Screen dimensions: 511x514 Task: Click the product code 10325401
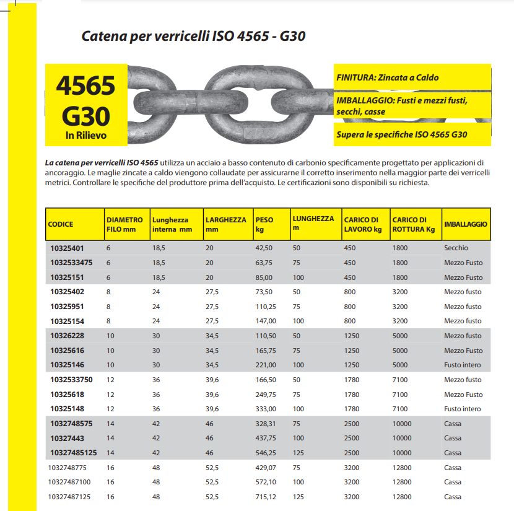(66, 248)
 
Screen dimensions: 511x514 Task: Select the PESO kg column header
(264, 224)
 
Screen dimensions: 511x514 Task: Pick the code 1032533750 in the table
(71, 380)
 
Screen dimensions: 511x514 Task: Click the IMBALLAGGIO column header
(465, 224)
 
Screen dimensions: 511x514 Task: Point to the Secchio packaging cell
(456, 248)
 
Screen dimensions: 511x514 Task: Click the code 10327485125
(73, 453)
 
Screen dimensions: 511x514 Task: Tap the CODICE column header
(61, 224)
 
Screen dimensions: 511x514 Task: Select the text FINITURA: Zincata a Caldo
(387, 77)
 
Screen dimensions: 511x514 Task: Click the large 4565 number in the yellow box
(86, 86)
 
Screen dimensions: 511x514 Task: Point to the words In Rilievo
(86, 134)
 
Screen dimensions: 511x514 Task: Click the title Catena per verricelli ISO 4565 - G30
(193, 37)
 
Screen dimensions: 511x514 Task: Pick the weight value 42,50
(264, 248)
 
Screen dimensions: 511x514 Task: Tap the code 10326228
(66, 336)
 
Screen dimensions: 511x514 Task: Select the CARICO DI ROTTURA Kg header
(414, 224)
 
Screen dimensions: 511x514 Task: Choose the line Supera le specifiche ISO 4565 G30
(401, 134)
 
